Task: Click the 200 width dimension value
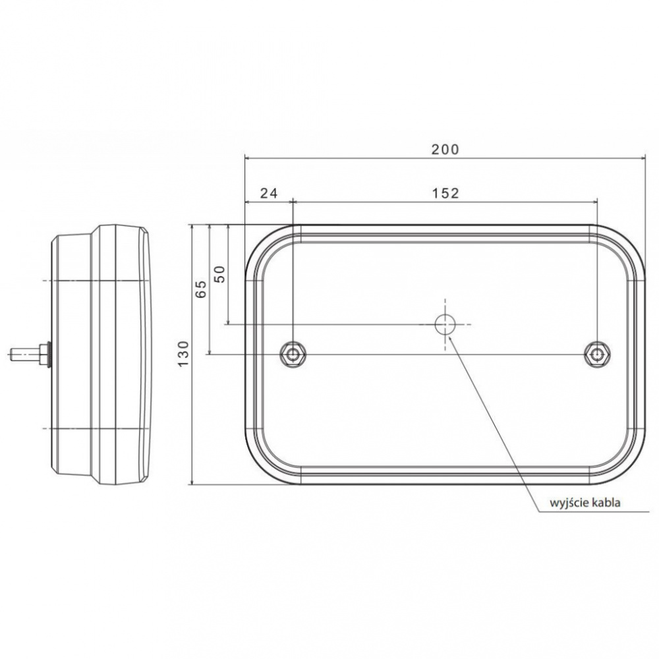[x=445, y=149]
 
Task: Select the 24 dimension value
[x=269, y=193]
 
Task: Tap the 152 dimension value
[x=445, y=193]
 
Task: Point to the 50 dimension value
[x=220, y=274]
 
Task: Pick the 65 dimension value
[x=202, y=289]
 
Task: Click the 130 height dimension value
[x=183, y=353]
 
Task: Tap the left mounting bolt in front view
[x=293, y=355]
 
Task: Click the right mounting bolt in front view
[x=597, y=355]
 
